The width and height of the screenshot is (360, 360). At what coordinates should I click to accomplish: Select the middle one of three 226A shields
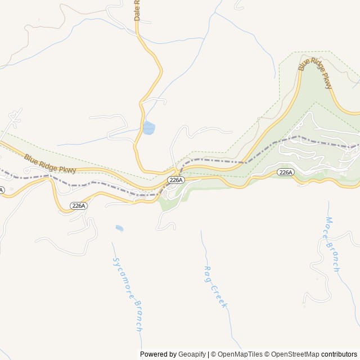tap(175, 180)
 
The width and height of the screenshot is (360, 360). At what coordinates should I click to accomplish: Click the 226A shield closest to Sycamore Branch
tap(79, 206)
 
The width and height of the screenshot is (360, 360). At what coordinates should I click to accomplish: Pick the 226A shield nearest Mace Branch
tap(285, 172)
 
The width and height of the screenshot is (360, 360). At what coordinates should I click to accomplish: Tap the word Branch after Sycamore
tap(137, 314)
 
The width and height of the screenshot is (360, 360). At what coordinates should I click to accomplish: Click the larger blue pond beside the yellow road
tap(148, 128)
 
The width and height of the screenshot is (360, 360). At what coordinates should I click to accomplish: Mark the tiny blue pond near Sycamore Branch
tap(119, 228)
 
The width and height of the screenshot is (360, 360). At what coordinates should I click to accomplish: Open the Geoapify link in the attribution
tap(192, 354)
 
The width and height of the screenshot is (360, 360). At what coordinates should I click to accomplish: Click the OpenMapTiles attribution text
tap(239, 354)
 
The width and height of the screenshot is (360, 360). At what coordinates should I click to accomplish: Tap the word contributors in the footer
tap(339, 354)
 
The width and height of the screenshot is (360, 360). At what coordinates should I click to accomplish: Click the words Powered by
tap(158, 354)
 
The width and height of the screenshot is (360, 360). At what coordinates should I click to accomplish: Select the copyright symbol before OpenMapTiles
tap(213, 354)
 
